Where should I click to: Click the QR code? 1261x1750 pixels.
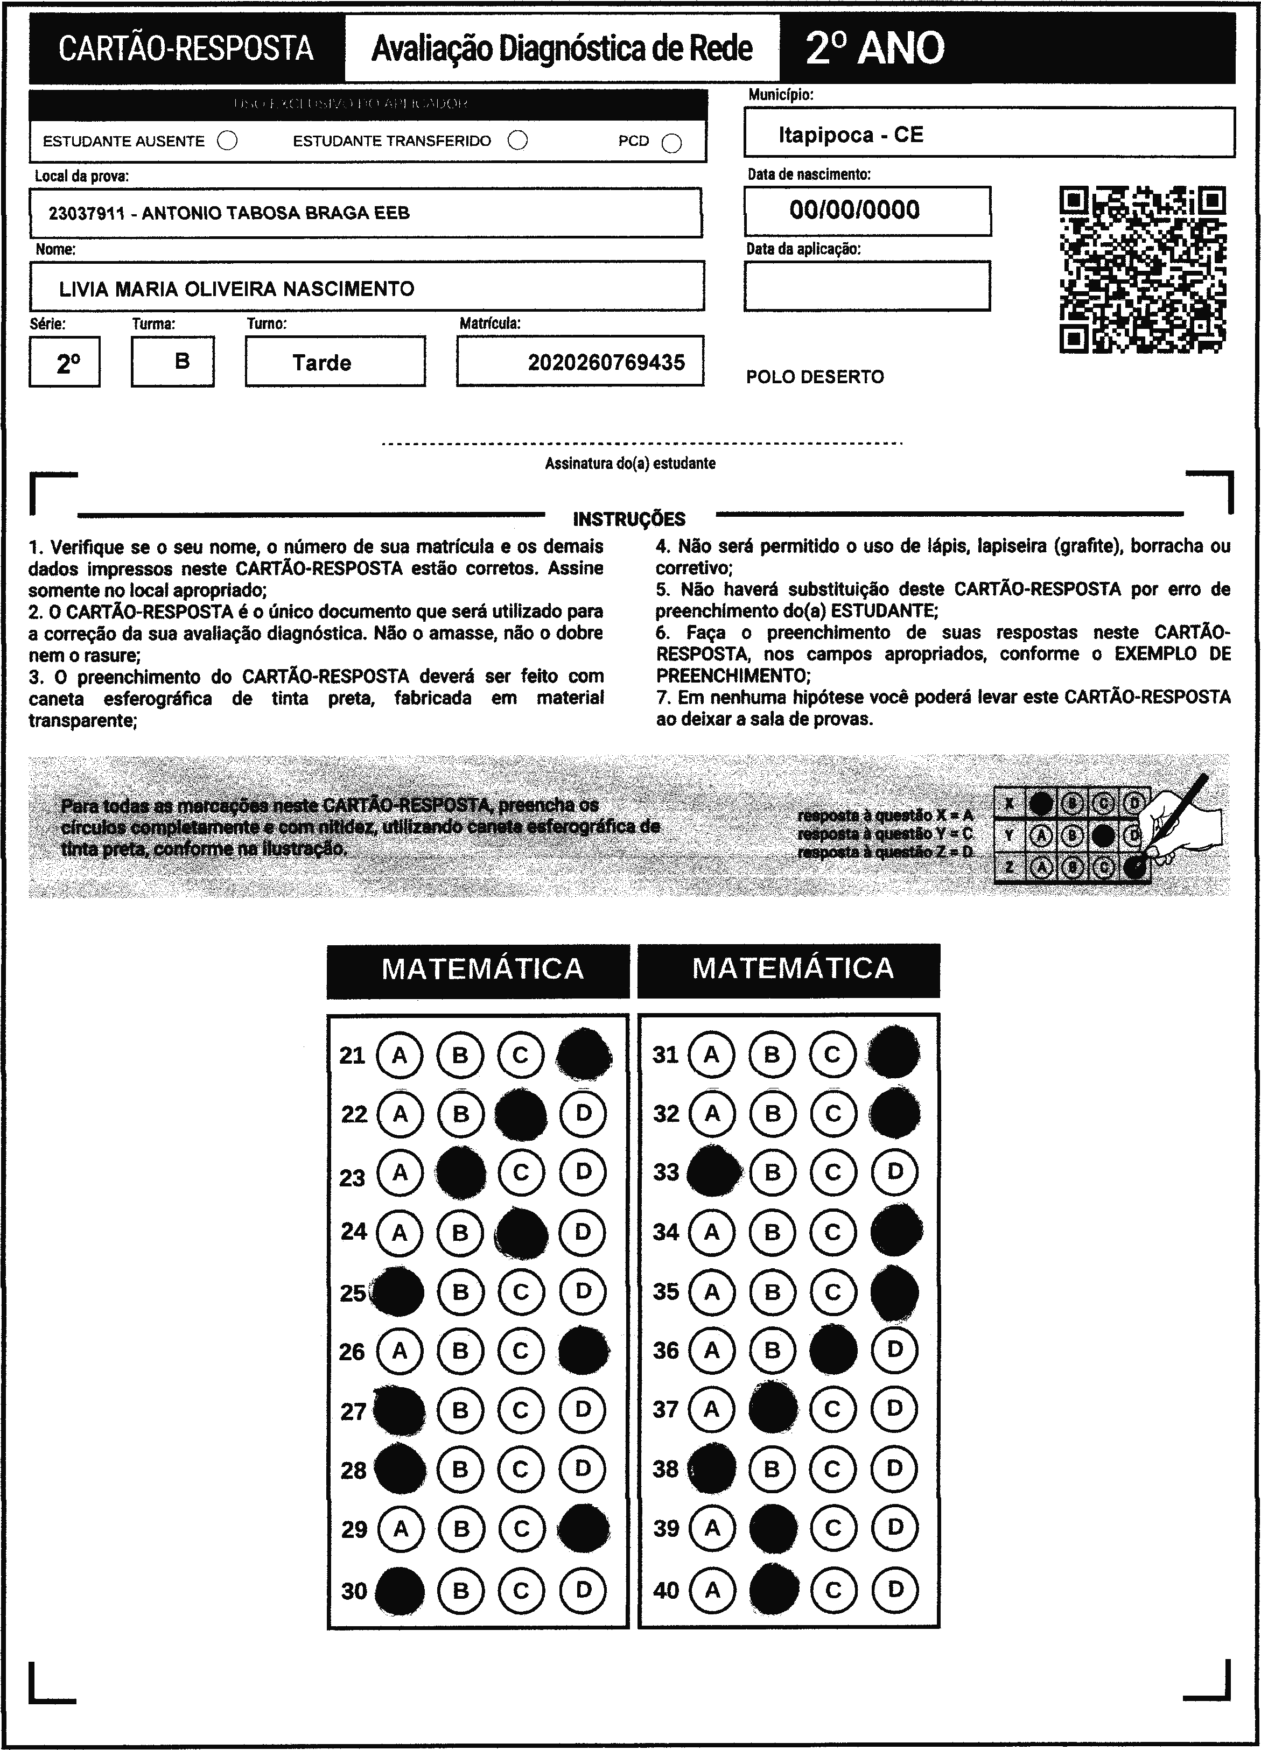click(1143, 269)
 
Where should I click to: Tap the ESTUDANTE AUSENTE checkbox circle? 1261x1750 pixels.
click(228, 141)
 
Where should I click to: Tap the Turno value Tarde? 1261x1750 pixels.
click(322, 363)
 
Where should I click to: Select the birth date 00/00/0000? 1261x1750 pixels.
click(854, 210)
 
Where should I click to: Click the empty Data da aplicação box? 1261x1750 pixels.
click(867, 285)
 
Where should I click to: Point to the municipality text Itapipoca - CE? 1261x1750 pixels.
click(850, 135)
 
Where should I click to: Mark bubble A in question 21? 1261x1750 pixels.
click(400, 1055)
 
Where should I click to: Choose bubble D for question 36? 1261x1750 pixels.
click(894, 1350)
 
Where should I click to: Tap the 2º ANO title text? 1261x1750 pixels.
click(875, 48)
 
